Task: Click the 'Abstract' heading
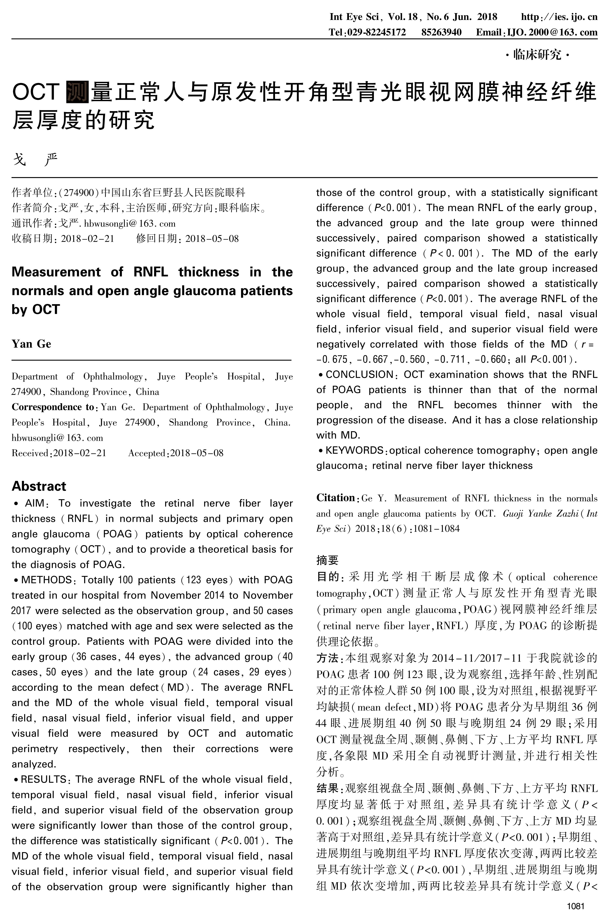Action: (39, 486)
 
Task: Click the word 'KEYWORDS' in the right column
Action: (354, 450)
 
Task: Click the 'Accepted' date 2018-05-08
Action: (197, 453)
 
